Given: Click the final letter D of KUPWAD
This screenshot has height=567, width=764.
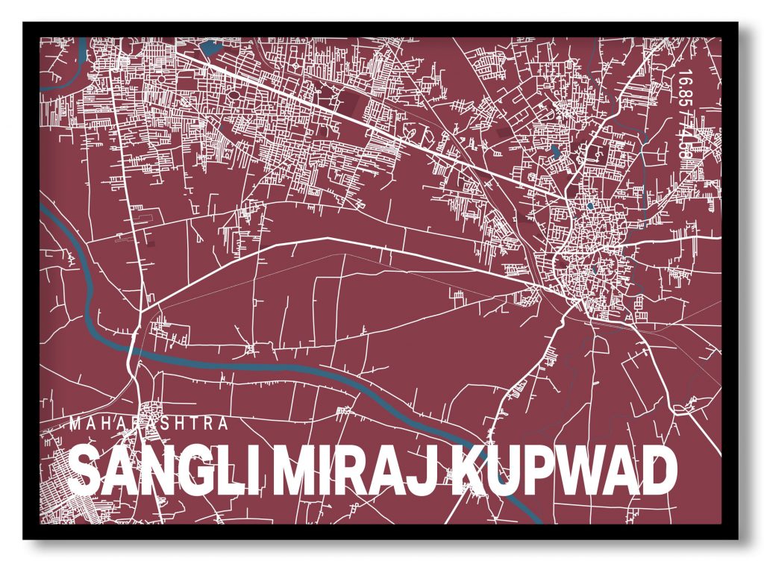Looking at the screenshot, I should (x=657, y=471).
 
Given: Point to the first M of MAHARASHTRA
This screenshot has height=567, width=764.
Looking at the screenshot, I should (x=74, y=424).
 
